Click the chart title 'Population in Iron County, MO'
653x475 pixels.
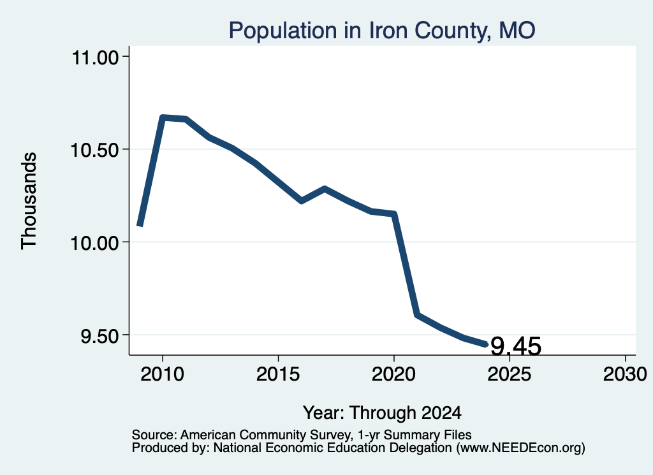pyautogui.click(x=382, y=31)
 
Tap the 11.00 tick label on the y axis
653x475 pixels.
pyautogui.click(x=96, y=57)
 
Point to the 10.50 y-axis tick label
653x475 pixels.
pyautogui.click(x=96, y=150)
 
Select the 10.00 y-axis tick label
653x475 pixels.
pyautogui.click(x=96, y=243)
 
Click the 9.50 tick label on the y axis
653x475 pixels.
pyautogui.click(x=100, y=335)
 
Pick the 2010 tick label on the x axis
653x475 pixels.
pyautogui.click(x=163, y=374)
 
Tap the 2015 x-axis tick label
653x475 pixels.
pyautogui.click(x=278, y=374)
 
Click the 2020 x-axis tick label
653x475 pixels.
pyautogui.click(x=393, y=374)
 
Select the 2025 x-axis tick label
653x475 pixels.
pyautogui.click(x=510, y=374)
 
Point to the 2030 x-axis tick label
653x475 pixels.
pyautogui.click(x=625, y=374)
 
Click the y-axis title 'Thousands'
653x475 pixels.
pyautogui.click(x=29, y=201)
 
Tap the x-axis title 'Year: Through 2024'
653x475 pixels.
pyautogui.click(x=382, y=413)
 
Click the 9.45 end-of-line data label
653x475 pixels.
pyautogui.click(x=516, y=346)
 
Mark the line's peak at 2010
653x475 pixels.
pyautogui.click(x=163, y=118)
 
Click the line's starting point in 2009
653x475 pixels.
pyautogui.click(x=140, y=225)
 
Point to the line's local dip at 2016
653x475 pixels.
pyautogui.click(x=301, y=201)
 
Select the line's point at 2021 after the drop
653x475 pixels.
pyautogui.click(x=417, y=315)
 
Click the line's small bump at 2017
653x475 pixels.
pyautogui.click(x=325, y=188)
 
